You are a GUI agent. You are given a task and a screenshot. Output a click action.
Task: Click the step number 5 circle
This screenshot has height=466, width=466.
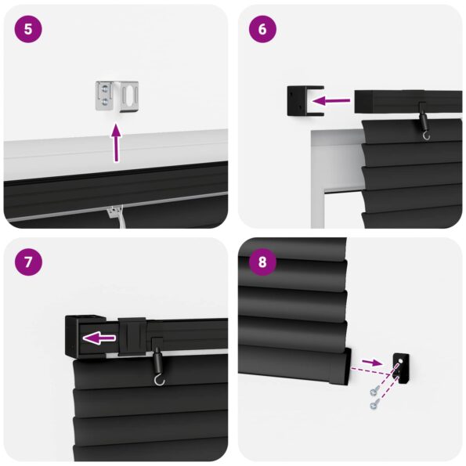tap(28, 29)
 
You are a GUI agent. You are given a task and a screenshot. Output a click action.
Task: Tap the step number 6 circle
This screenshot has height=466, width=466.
tap(262, 29)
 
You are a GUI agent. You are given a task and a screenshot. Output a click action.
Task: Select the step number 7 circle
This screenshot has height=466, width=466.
tap(28, 262)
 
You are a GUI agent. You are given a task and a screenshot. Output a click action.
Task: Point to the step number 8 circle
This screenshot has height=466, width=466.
tap(262, 262)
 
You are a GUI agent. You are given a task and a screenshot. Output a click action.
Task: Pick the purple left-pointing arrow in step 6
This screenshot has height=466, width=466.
tap(329, 100)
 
